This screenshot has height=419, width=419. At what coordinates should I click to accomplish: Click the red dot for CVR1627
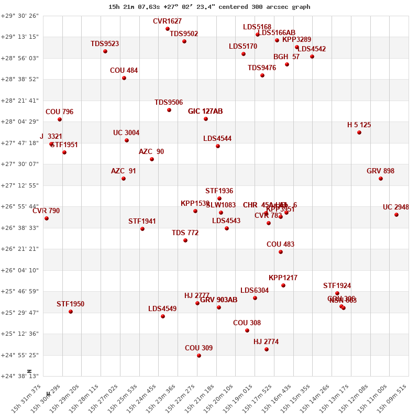tap(168, 29)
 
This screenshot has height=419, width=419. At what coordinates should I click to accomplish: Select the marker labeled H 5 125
tap(359, 133)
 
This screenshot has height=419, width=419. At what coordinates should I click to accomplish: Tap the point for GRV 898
tap(381, 179)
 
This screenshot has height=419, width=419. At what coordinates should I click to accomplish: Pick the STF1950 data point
tap(71, 312)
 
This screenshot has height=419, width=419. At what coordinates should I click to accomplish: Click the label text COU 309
tap(199, 348)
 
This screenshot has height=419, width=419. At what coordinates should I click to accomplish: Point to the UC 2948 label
tap(395, 207)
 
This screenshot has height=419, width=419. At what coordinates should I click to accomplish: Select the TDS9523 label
tap(105, 43)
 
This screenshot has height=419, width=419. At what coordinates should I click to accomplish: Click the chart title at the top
tap(210, 7)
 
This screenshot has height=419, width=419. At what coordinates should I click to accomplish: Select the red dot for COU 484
tap(124, 78)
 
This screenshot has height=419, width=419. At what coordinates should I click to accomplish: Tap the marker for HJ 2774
tap(267, 349)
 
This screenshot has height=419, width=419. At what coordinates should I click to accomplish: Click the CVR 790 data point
tap(47, 218)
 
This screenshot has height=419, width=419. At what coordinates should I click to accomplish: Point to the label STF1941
tap(142, 222)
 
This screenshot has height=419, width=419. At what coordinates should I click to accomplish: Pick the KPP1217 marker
tap(283, 285)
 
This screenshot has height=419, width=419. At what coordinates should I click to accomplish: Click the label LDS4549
tap(162, 308)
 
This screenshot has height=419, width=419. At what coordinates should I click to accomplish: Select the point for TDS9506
tap(169, 110)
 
